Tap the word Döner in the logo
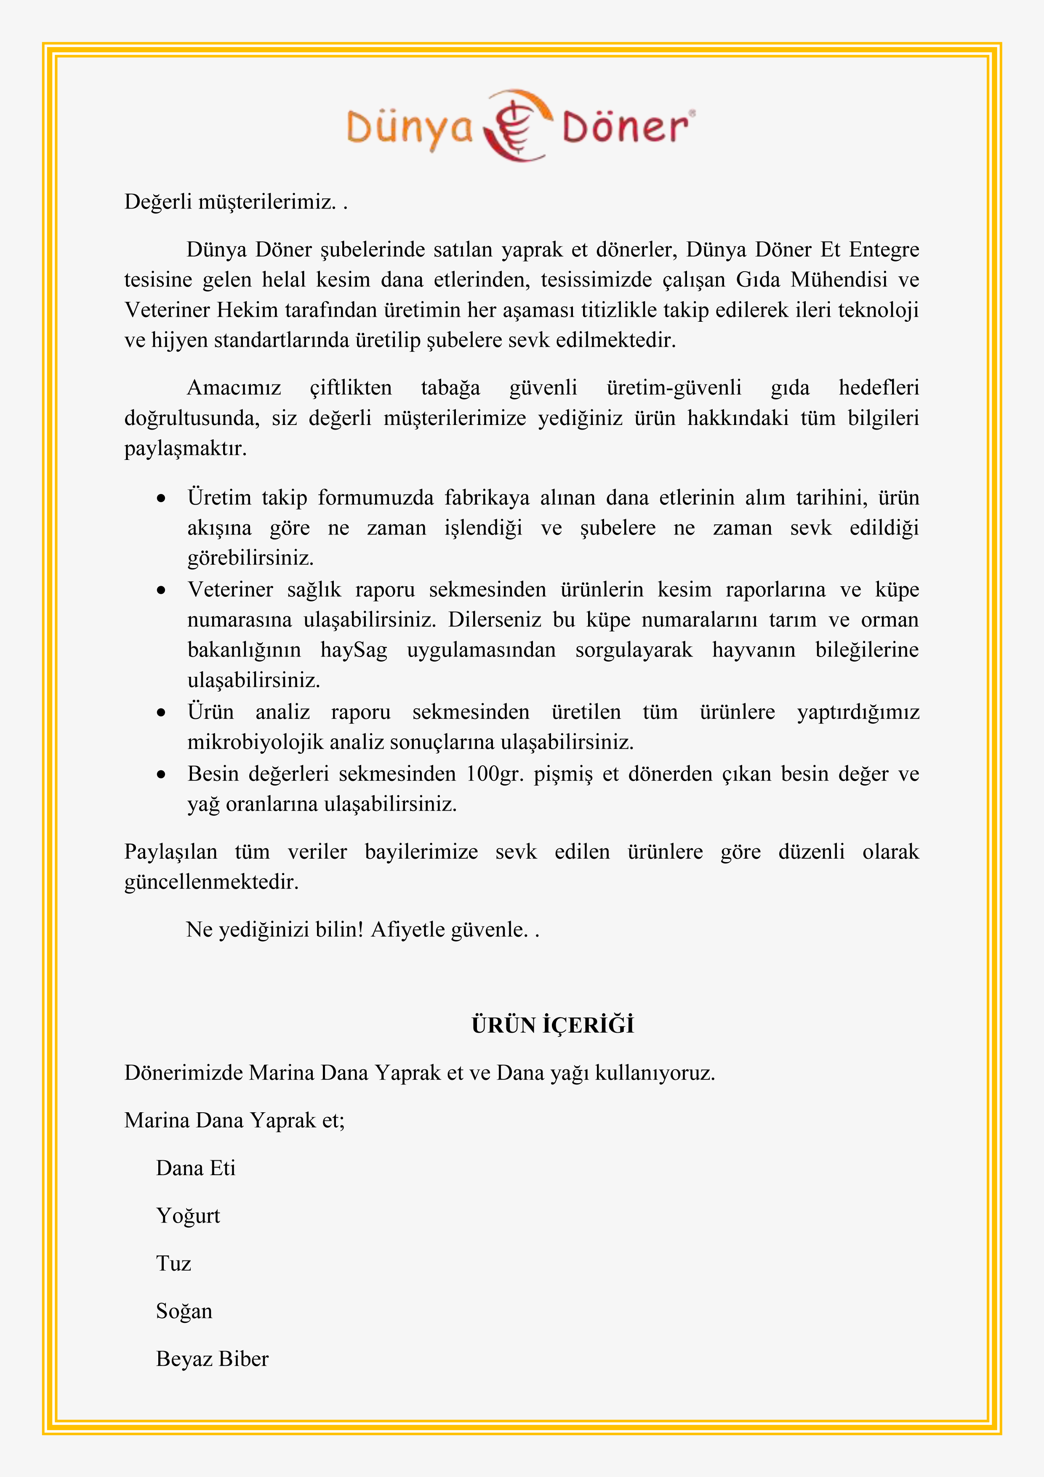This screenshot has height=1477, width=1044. tap(625, 127)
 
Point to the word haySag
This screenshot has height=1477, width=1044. tap(354, 650)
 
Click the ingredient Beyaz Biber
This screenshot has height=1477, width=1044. tap(212, 1359)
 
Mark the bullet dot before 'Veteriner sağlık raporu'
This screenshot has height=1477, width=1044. tap(161, 590)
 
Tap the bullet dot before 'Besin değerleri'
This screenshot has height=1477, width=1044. tap(161, 775)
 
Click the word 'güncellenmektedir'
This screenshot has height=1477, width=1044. tap(211, 882)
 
